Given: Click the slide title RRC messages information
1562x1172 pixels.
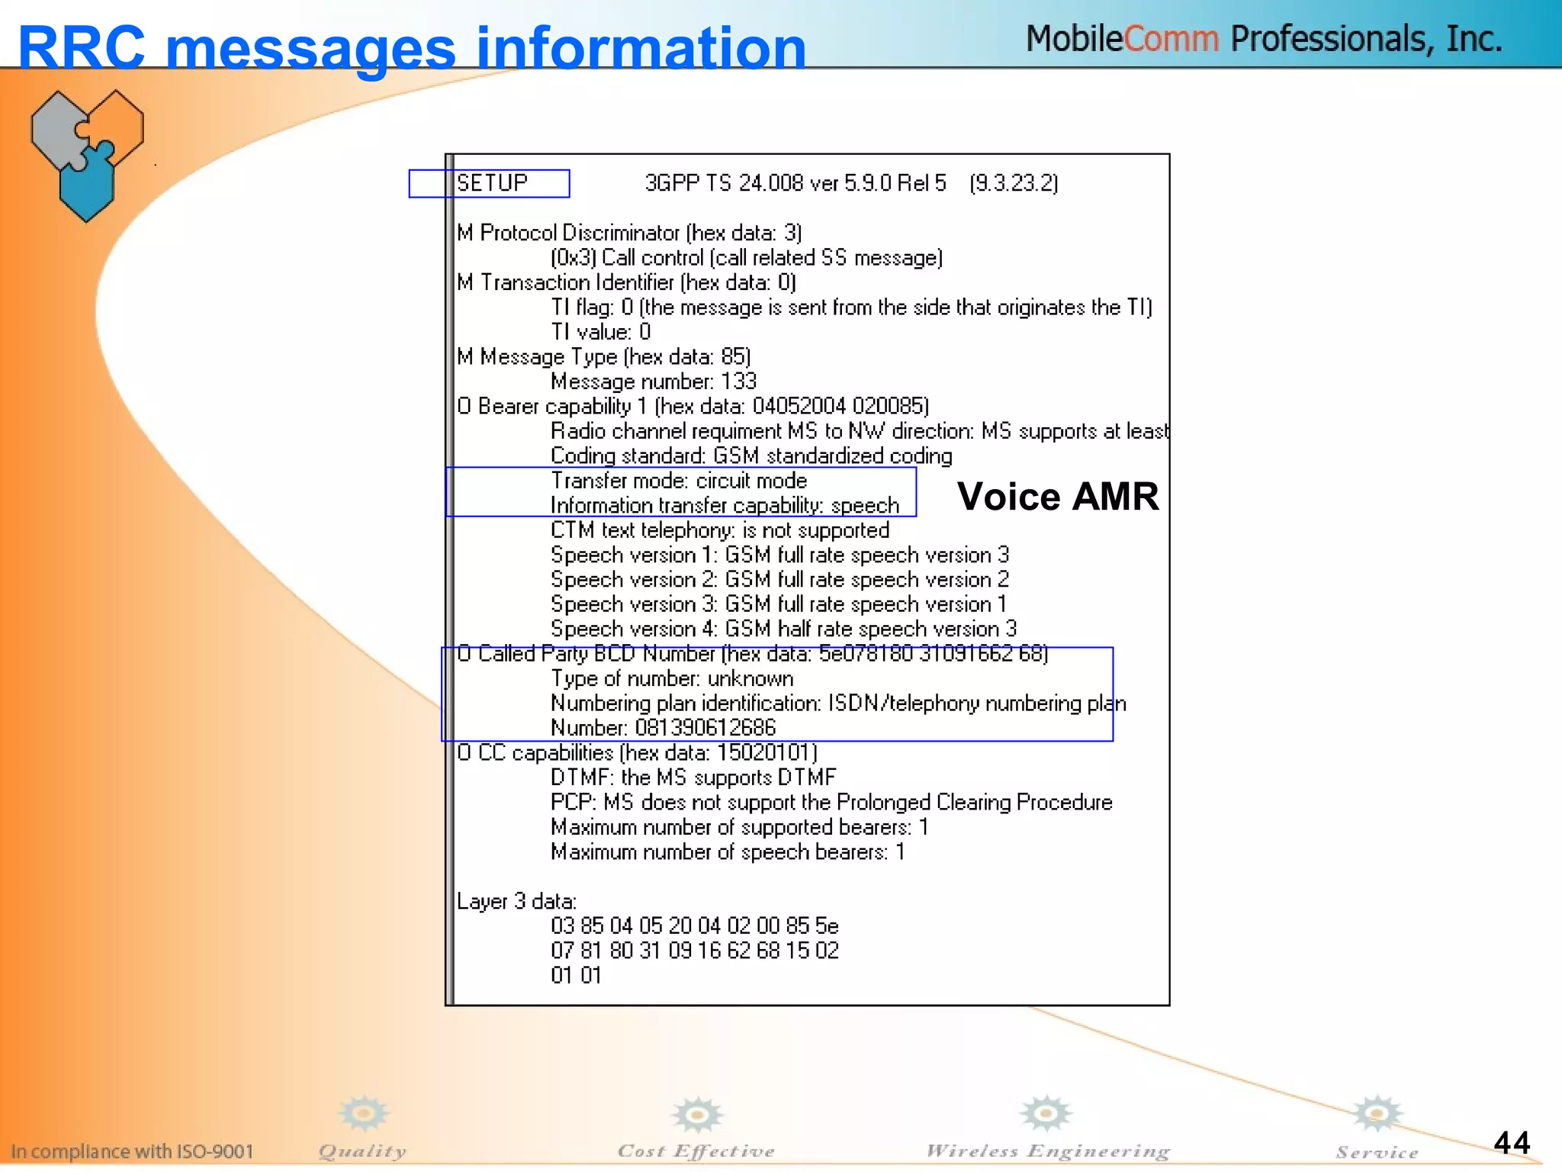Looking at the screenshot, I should [412, 47].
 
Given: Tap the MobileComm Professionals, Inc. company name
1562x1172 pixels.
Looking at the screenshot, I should [1264, 38].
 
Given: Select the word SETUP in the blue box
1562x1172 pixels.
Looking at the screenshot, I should [492, 183].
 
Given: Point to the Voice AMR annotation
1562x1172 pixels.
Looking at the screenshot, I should [1057, 497].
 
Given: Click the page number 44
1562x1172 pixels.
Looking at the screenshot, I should [1511, 1142].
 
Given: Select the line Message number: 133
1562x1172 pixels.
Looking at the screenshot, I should [653, 381].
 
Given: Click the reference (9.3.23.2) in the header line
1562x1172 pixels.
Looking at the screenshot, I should [1014, 183].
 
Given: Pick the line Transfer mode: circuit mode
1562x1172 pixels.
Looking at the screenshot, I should [679, 481].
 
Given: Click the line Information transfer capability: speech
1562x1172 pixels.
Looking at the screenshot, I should [725, 505].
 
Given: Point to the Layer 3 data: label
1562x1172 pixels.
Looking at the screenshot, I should [516, 901].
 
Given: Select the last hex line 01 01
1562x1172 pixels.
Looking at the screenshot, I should [576, 975].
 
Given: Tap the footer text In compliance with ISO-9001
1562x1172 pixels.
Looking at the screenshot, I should [132, 1151].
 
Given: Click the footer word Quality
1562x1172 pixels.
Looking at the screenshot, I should [362, 1151].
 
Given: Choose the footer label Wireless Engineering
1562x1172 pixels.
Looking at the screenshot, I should [1047, 1151].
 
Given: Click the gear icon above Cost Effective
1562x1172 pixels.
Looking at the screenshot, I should [696, 1115].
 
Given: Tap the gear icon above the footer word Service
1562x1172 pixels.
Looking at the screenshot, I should [1376, 1113].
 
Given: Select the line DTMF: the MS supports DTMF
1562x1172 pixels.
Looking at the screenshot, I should [693, 778].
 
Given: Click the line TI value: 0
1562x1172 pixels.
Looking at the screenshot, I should [600, 332].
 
